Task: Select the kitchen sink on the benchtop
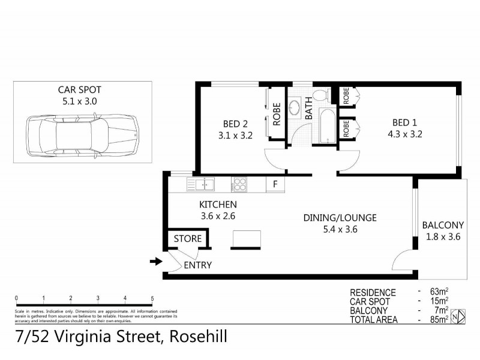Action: [203, 184]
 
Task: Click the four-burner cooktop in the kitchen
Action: [240, 184]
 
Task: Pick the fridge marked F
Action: [275, 184]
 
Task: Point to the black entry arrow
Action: [155, 261]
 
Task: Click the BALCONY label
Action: [443, 225]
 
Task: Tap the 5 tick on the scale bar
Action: [152, 298]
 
